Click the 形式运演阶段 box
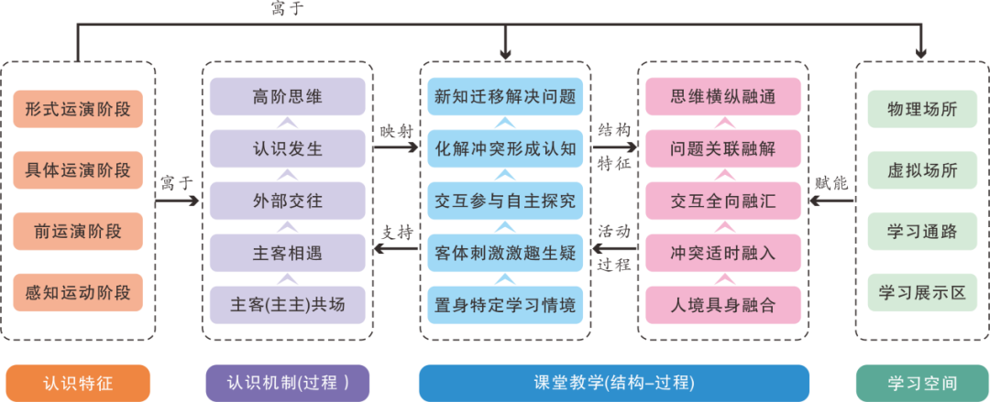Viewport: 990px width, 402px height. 78,109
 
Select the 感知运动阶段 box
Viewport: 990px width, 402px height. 78,293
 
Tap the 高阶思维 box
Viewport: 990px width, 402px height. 287,96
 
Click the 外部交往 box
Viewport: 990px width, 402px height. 287,201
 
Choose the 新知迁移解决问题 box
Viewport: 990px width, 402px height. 505,96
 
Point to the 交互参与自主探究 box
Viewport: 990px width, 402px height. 505,201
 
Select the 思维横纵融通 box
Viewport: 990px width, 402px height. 723,96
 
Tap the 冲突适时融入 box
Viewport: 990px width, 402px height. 723,253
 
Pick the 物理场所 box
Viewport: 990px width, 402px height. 922,109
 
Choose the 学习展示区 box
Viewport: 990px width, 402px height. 922,293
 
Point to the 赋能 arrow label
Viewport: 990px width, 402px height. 830,182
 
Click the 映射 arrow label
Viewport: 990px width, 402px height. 397,131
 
